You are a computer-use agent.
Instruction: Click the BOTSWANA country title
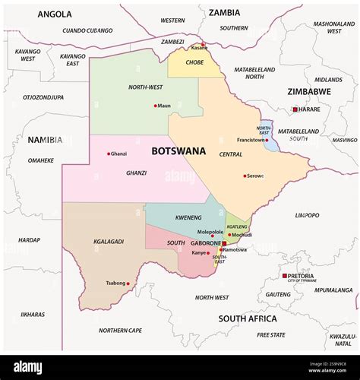coord(178,151)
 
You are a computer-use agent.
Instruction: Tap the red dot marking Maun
coord(156,106)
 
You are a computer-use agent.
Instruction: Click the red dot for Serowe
coord(245,176)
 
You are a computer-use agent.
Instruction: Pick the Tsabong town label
coord(115,283)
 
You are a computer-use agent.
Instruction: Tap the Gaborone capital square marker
coord(224,243)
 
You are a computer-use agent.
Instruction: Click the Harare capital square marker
coord(295,109)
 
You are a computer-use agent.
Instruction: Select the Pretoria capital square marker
coord(284,276)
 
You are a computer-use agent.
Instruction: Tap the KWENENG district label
coord(188,217)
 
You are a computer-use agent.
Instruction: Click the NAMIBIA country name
coord(45,140)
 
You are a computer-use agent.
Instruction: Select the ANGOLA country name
coord(55,14)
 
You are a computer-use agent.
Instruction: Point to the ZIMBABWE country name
coord(309,91)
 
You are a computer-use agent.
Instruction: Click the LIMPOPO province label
coord(307,215)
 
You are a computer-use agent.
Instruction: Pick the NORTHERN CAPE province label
coord(120,330)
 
